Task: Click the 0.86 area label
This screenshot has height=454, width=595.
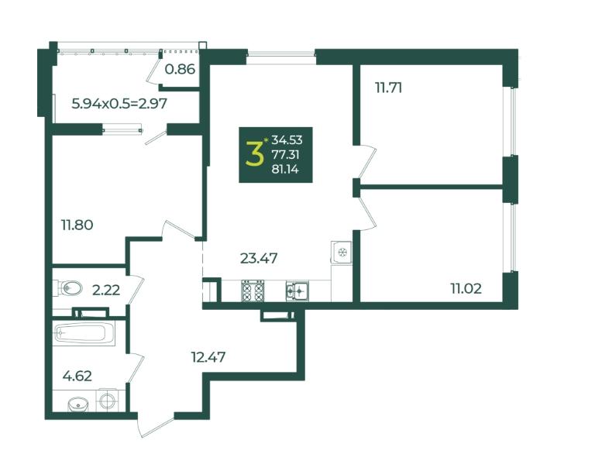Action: point(180,69)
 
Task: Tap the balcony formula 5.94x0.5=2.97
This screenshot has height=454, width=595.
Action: point(119,103)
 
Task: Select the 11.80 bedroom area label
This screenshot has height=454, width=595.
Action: point(77,225)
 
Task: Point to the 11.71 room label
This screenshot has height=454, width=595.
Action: point(389,88)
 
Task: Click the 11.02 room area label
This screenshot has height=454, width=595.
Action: point(466,289)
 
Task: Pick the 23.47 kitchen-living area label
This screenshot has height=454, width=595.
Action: point(259,259)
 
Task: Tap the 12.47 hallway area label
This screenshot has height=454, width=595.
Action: point(208,357)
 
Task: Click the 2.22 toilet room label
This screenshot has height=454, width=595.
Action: point(106,291)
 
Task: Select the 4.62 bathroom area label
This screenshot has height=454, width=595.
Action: point(77,377)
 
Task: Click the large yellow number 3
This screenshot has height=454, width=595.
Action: point(255,153)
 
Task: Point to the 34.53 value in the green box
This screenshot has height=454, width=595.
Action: point(287,140)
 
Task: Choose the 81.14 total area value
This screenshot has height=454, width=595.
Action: point(285,170)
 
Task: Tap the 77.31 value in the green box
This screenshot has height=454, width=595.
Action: point(286,154)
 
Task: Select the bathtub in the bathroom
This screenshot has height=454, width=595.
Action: point(84,334)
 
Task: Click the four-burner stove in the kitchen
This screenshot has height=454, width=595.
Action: point(253,291)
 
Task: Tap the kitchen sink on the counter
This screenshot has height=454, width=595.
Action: point(297,291)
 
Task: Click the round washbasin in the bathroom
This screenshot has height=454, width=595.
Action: point(77,404)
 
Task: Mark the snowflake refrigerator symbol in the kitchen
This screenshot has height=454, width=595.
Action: point(342,252)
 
